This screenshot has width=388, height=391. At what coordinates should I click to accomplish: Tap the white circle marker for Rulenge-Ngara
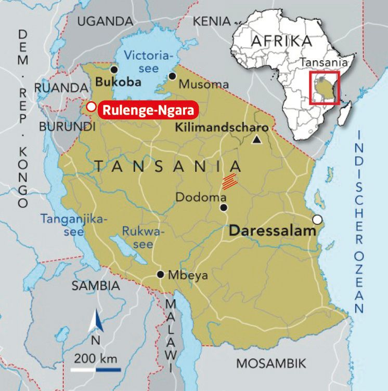[x=91, y=107]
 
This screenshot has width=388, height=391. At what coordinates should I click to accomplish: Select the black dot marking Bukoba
[x=114, y=70]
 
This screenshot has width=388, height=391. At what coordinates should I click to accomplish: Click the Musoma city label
[x=203, y=84]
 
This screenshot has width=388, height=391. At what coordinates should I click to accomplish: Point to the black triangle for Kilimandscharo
[x=256, y=139]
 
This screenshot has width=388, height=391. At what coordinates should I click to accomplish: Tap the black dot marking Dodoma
[x=224, y=208]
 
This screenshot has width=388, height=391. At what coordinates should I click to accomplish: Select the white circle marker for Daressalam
[x=317, y=219]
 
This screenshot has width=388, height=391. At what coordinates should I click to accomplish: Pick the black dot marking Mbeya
[x=161, y=275]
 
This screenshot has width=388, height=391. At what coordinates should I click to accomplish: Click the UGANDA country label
[x=105, y=21]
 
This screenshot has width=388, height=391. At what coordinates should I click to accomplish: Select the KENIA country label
[x=211, y=21]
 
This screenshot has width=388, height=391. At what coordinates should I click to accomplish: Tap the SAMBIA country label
[x=96, y=286]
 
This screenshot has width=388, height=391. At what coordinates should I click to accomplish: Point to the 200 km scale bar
[x=96, y=370]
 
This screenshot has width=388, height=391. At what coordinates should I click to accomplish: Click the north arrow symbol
[x=95, y=323]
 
